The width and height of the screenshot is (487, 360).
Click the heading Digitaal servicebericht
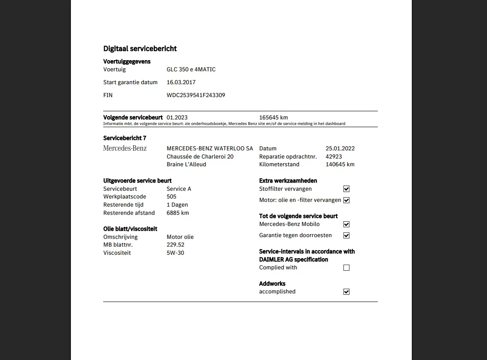[x=140, y=49]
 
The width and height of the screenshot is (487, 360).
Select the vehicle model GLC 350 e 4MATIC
[x=191, y=70]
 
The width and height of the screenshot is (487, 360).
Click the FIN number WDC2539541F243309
[x=196, y=95]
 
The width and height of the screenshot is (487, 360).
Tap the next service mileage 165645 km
[x=273, y=117]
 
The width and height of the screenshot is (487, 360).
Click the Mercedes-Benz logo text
[x=125, y=148]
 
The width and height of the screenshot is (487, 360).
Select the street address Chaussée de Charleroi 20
[x=200, y=156]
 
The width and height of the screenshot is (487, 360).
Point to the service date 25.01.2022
[x=340, y=149]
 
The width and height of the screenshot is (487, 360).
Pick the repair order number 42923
[x=334, y=156]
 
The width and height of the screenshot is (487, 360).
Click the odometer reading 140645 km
[x=340, y=165]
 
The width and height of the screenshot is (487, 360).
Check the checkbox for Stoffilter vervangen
[x=346, y=189]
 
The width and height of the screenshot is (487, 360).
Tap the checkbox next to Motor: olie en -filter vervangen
[x=346, y=200]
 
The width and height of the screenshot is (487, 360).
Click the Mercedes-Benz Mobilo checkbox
[x=346, y=224]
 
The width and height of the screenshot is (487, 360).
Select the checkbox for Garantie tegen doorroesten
[x=346, y=235]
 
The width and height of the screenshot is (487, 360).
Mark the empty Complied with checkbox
[x=346, y=268]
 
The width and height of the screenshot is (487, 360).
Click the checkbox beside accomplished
[x=346, y=292]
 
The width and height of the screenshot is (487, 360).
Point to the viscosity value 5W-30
[x=175, y=253]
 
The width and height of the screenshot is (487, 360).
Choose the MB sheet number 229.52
[x=175, y=245]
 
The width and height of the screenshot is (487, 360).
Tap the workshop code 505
[x=172, y=197]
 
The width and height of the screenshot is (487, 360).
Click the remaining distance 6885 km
[x=178, y=213]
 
